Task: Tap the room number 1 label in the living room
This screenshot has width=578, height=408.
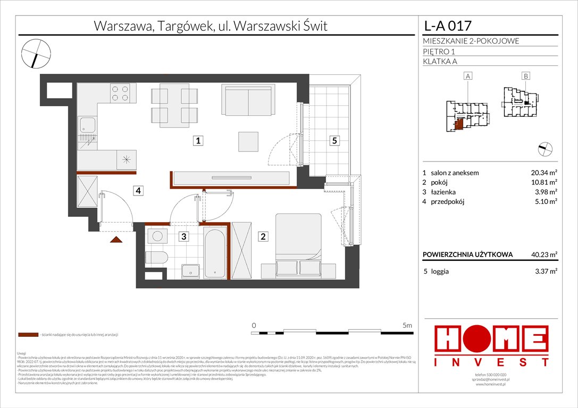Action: coord(197,141)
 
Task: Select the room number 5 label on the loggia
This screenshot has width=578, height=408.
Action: coord(334,141)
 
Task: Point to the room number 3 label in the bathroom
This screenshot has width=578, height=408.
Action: coord(182,237)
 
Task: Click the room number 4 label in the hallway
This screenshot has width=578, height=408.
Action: coord(138,190)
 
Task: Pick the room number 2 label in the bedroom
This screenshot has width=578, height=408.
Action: coord(263,237)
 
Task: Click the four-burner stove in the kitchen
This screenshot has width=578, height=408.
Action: coord(120,94)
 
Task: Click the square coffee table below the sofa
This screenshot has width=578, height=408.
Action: coord(249,141)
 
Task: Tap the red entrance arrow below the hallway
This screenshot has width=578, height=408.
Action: coord(116,240)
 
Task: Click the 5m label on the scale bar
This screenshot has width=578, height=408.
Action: coord(407,325)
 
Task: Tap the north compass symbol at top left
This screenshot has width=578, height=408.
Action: coord(36,53)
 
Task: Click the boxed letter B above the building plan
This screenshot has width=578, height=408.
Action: coord(525,76)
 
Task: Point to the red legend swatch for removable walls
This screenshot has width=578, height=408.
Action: coord(28,335)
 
